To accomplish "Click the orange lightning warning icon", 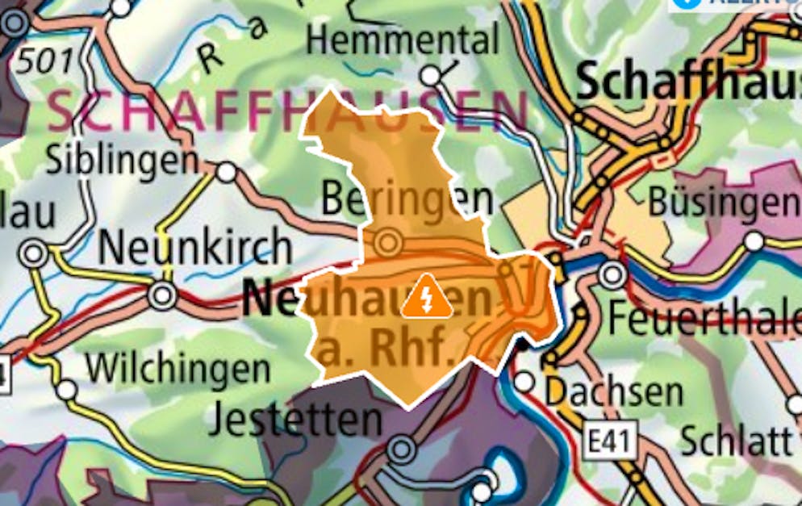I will click(x=427, y=296).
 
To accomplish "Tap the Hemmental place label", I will click(x=403, y=39).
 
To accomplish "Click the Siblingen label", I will click(x=121, y=159).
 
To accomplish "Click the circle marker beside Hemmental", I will click(x=432, y=76).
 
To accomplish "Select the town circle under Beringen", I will click(x=388, y=241).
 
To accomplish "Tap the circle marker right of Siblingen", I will click(x=227, y=172).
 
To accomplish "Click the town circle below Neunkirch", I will click(x=162, y=295).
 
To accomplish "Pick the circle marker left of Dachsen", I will click(x=524, y=381).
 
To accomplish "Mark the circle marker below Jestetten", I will click(x=401, y=449).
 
